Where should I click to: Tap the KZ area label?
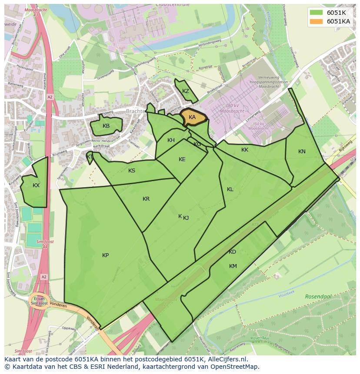186,91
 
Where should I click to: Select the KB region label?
106,126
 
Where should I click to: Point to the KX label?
36,185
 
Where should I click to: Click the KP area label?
106,255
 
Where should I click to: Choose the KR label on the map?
146,199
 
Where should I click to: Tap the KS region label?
132,171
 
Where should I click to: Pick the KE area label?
182,159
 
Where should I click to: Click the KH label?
171,140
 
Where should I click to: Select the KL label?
230,189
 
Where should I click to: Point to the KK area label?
245,150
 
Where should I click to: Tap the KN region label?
302,152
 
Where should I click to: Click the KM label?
233,266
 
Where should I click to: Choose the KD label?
232,252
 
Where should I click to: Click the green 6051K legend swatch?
317,13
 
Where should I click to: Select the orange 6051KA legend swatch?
317,21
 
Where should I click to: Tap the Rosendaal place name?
318,296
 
